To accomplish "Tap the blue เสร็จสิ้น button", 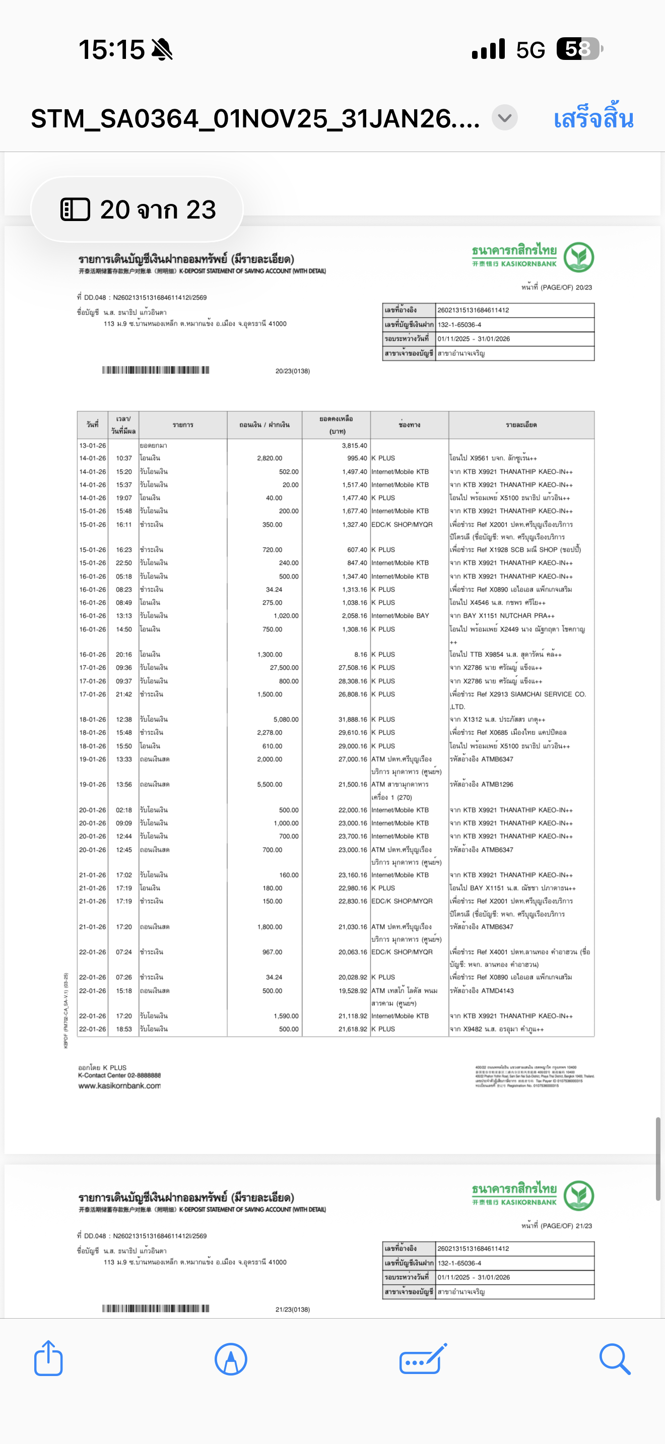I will point(593,119).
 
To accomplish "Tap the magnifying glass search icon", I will point(615,1358).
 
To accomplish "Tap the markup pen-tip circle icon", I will point(230,1359).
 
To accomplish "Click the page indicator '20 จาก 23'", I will point(138,209).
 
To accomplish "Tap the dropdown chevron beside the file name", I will point(505,118).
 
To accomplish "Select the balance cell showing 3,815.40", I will point(354,446).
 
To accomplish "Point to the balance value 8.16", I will point(361,654).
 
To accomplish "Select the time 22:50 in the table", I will point(124,563).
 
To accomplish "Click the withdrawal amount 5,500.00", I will point(270,784).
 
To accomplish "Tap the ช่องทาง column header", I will point(409,425).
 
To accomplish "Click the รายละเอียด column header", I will point(521,425).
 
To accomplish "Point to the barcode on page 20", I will point(155,370).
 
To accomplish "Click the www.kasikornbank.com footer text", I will point(119,1086).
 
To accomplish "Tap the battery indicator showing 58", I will point(578,49).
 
